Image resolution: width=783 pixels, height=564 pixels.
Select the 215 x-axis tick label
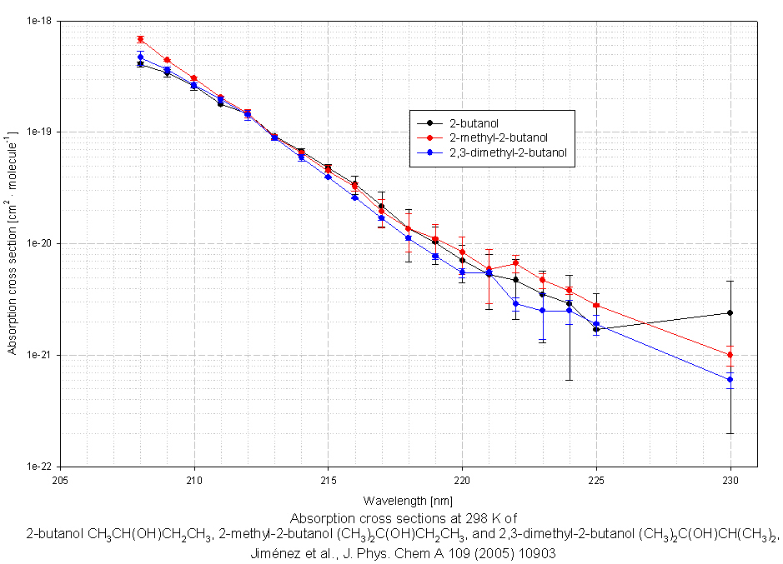pos(329,479)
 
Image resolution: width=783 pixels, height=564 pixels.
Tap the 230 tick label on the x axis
pos(730,479)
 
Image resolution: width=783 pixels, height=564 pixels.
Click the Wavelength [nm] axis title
pos(395,501)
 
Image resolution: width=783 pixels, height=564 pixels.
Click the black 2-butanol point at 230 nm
pos(730,313)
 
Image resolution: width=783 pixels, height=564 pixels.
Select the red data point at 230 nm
pos(730,355)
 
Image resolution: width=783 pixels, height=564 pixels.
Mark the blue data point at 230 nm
pos(730,380)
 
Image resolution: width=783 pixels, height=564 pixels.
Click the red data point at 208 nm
pos(141,39)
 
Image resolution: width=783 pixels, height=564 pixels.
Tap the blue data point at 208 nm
pos(141,57)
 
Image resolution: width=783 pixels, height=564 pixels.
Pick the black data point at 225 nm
pos(596,329)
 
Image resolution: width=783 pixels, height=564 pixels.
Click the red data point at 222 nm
pos(516,263)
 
